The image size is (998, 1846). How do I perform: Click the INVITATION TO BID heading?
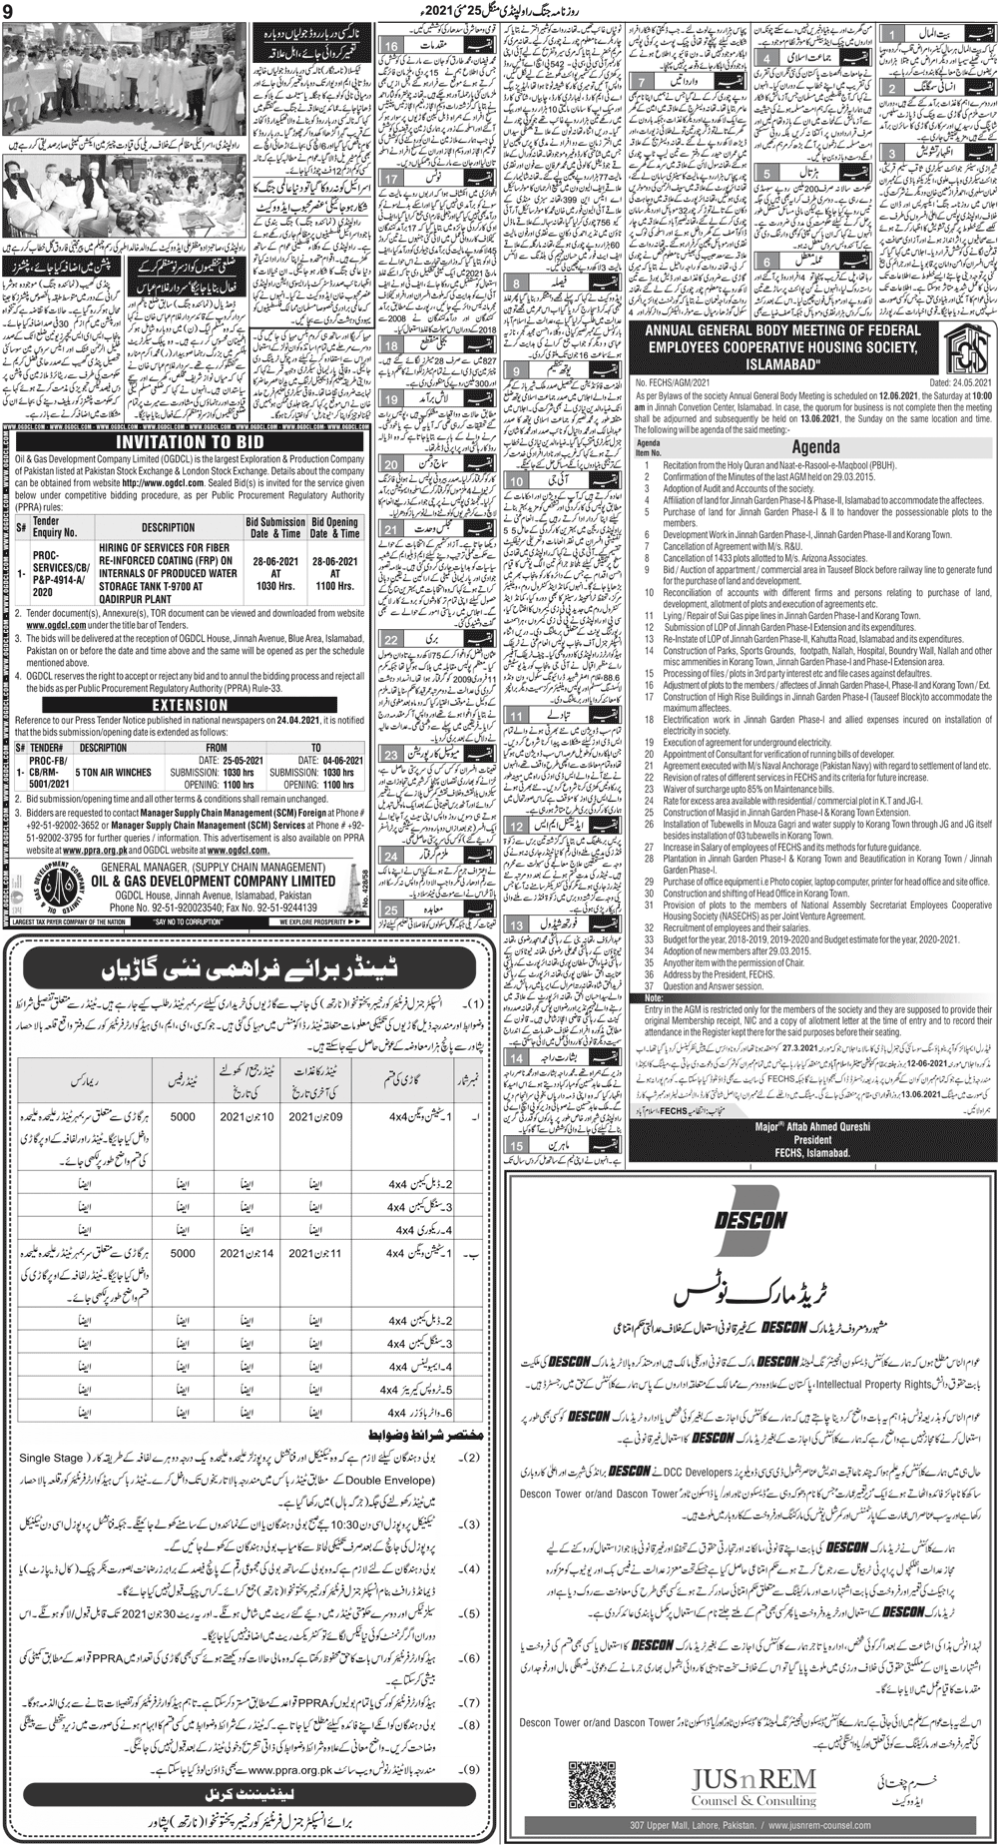(x=187, y=440)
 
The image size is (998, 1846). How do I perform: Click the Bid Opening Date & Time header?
(x=334, y=527)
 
